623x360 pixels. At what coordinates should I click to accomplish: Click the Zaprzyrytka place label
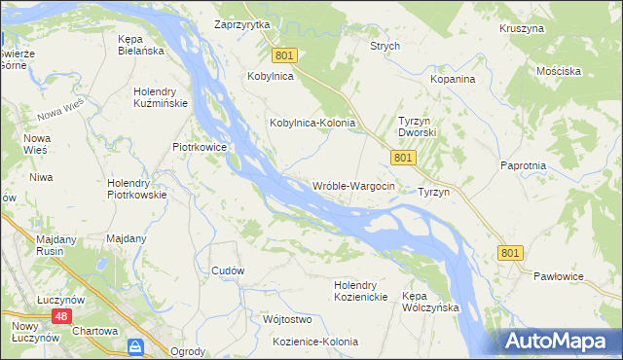(242, 24)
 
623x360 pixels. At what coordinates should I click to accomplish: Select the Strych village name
(385, 46)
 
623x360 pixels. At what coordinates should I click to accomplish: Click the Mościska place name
(558, 71)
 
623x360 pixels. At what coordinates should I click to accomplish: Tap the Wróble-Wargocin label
(353, 186)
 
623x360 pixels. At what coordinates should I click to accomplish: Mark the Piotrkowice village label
(200, 148)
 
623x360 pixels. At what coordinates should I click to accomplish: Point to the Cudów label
(228, 270)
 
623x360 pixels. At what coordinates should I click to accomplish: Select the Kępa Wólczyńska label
(430, 301)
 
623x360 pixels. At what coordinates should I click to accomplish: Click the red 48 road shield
(61, 317)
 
